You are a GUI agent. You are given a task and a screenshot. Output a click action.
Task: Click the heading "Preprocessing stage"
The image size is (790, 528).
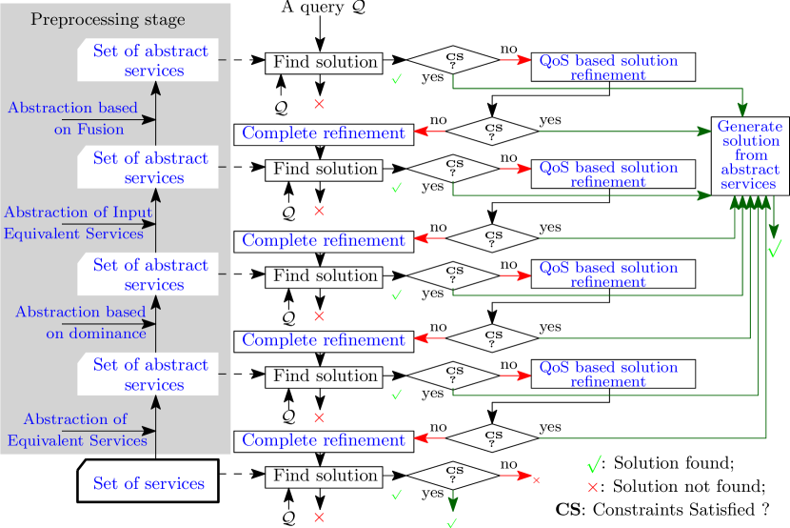[x=108, y=19]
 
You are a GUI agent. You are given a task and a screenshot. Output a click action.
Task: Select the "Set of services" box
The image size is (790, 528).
[x=148, y=482]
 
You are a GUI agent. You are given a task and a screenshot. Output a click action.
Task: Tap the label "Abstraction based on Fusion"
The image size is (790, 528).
[x=73, y=118]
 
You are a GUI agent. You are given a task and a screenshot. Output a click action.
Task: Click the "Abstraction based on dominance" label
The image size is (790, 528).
[x=81, y=322]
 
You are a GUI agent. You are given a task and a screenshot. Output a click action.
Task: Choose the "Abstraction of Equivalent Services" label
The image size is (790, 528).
[x=76, y=429]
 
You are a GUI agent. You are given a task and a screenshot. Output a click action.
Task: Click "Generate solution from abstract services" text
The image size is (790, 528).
[x=750, y=154]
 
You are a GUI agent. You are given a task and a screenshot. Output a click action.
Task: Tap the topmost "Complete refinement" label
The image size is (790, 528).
[x=324, y=132]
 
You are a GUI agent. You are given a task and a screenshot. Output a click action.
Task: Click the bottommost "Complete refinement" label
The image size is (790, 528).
[x=324, y=439]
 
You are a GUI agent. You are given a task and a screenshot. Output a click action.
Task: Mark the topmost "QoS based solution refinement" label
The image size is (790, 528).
[x=608, y=67]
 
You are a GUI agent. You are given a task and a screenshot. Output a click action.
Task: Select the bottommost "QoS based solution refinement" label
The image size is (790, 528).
[x=608, y=373]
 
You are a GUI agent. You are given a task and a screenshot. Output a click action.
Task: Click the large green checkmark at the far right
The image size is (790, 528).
[x=774, y=250]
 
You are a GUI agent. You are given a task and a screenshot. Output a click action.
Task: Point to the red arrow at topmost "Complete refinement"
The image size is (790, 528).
[x=430, y=132]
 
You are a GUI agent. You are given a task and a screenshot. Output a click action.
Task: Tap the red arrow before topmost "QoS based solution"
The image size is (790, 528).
[x=516, y=60]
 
